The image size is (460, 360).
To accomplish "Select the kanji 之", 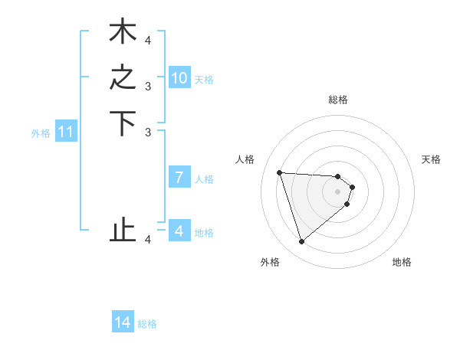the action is pos(123,78).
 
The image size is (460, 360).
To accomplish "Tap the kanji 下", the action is pos(123,125).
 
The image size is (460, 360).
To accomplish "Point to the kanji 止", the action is pos(123,230).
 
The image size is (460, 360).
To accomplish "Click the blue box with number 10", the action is pos(179,78).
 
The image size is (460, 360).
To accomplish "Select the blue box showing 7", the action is pos(179,178).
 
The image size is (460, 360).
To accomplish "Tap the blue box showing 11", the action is pos(66,133).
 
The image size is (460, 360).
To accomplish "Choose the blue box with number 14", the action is pos(123,323).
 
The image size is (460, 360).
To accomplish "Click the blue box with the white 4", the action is pos(179,231).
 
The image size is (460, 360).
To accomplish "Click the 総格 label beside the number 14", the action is pos(147,324).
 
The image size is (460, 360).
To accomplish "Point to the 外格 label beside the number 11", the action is pos(41,133).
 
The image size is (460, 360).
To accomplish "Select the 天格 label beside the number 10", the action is pos(204,79).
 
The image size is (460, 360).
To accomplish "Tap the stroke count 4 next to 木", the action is pos(148,40).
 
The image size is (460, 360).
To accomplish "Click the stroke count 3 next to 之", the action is pos(148,87).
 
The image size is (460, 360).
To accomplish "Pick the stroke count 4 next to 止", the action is pos(148,240).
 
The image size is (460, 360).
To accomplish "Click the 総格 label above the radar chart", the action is pos(338,100).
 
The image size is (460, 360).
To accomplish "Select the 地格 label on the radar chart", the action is pos(402,262).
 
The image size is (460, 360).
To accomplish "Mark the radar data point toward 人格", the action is pos(280,172).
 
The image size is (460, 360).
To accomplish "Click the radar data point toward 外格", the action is pos(301,242).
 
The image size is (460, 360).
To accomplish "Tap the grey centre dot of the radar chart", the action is pos(338,191).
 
